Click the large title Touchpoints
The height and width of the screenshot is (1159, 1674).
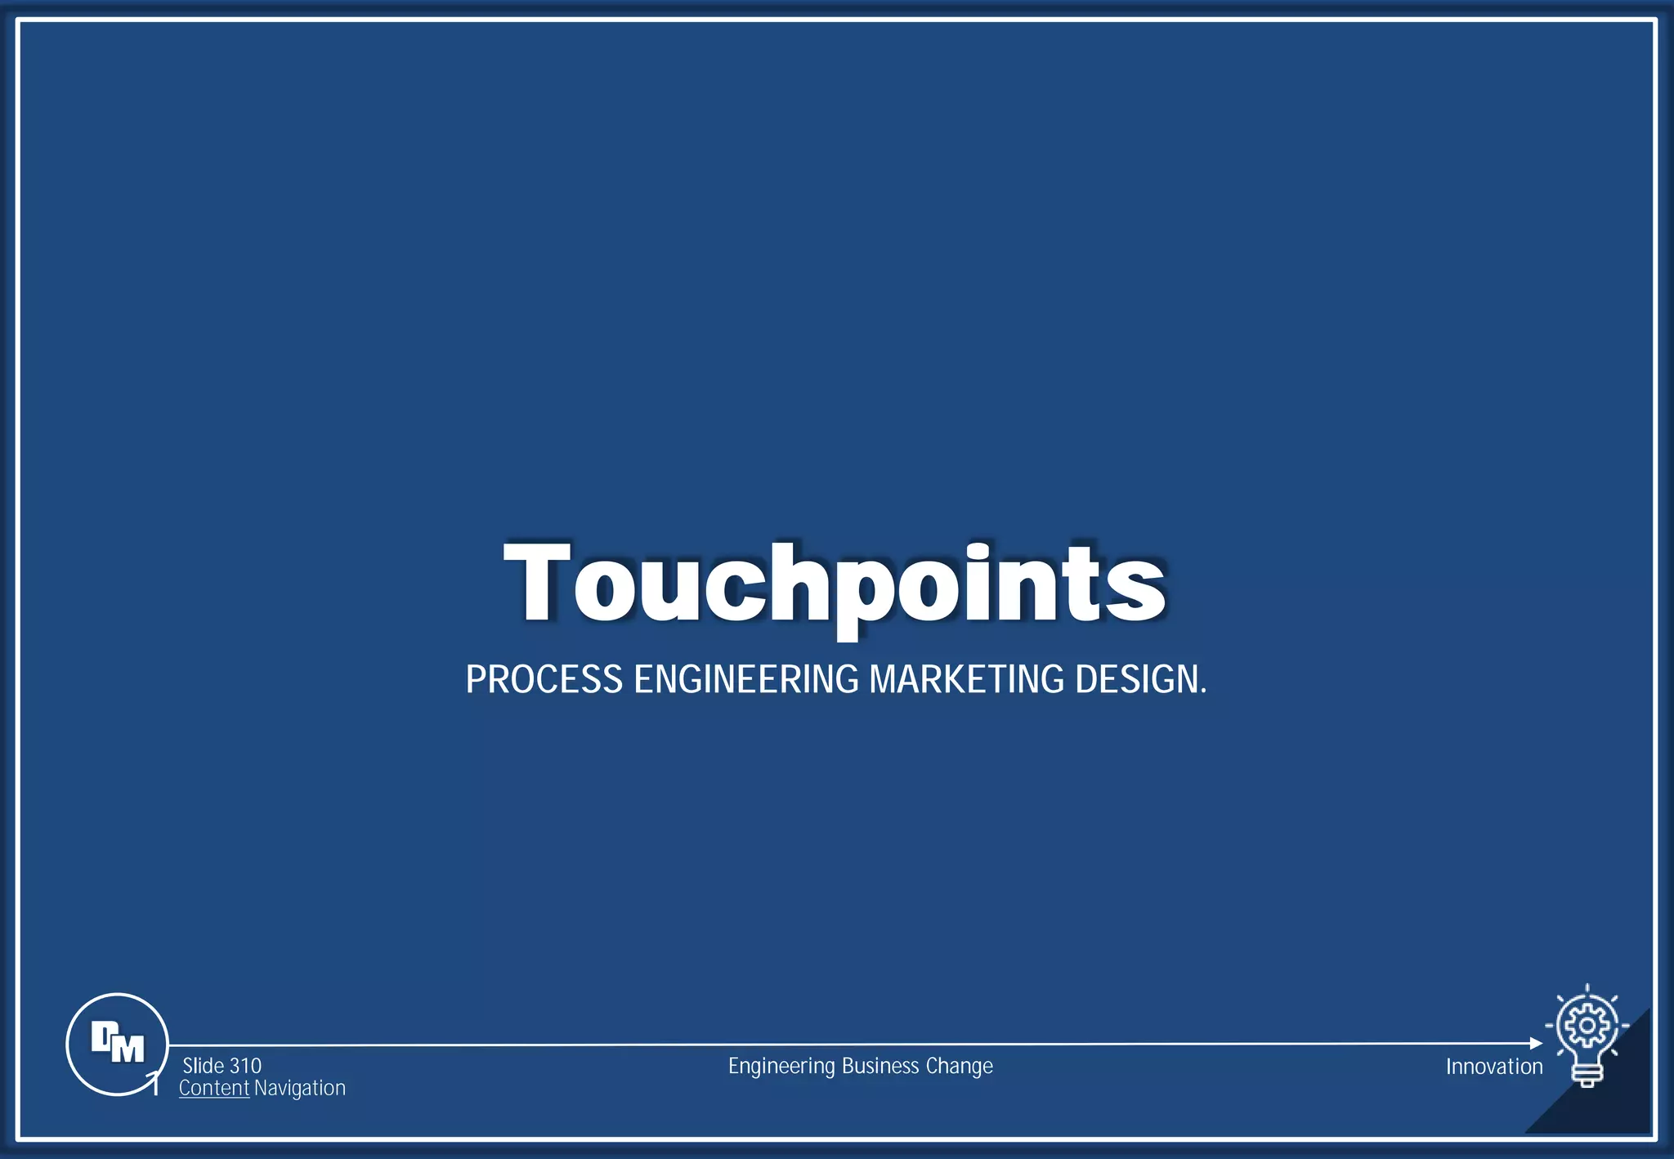click(835, 584)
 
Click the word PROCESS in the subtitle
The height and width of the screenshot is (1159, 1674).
click(544, 680)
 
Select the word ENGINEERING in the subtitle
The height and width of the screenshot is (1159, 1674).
click(746, 680)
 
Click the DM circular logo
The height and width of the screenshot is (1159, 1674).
click(117, 1044)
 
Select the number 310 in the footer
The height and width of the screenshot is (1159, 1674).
click(245, 1066)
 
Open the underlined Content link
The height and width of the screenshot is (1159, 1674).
click(213, 1088)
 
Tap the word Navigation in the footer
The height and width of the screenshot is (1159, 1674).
click(299, 1089)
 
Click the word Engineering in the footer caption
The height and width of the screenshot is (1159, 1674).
click(781, 1067)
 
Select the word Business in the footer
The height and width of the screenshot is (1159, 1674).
click(880, 1066)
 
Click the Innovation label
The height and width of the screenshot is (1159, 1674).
click(1493, 1067)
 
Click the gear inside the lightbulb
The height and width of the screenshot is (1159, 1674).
click(1587, 1025)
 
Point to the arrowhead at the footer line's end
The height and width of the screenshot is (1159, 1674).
click(1536, 1043)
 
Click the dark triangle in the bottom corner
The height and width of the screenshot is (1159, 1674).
click(1614, 1099)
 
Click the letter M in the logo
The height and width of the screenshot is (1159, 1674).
click(128, 1049)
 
